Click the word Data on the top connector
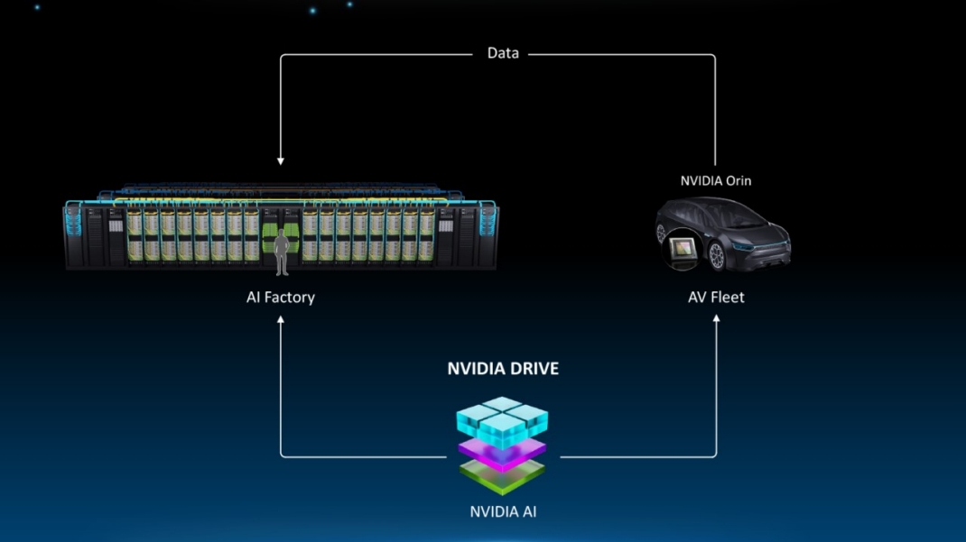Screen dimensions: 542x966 (x=503, y=53)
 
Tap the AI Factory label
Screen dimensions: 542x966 (x=281, y=297)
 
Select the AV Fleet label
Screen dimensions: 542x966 (x=716, y=297)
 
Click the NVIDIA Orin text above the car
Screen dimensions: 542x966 (x=716, y=180)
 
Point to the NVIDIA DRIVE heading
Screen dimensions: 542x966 (x=503, y=369)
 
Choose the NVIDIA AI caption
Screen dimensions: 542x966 (x=503, y=512)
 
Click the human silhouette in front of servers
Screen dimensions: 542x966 (x=282, y=252)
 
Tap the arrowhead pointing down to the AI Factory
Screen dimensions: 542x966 (x=281, y=161)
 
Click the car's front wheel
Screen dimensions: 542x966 (x=718, y=256)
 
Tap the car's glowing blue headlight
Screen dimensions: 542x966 (x=746, y=246)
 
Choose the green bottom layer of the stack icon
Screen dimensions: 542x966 (x=502, y=474)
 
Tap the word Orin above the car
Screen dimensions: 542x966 (x=737, y=180)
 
